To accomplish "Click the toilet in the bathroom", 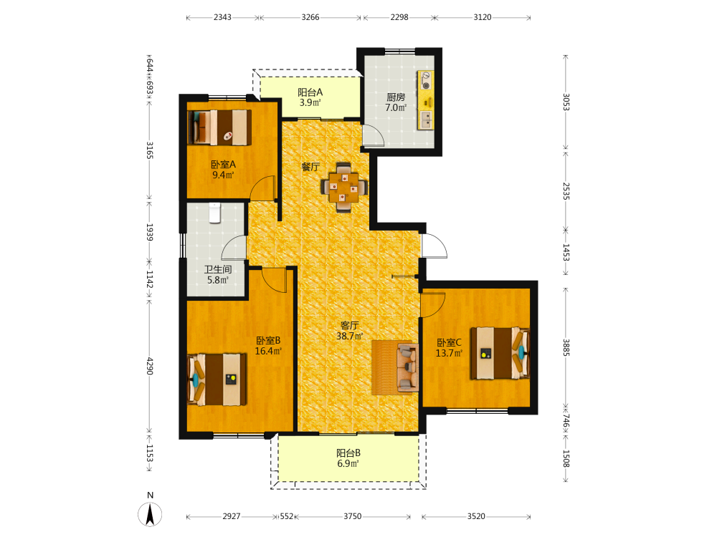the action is tap(215, 213).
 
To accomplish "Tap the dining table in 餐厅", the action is tap(344, 187).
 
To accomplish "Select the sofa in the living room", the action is tap(407, 367).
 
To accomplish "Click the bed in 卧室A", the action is tap(220, 127).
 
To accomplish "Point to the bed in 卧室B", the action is tap(217, 379).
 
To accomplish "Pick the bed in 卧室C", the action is tap(500, 353).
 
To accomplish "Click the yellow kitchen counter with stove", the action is tap(426, 100).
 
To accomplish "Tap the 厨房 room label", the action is tap(396, 97).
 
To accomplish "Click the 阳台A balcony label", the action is tap(310, 92).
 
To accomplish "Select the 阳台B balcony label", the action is tap(348, 453).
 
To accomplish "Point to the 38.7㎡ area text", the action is tap(350, 336).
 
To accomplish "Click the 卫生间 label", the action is tap(218, 269).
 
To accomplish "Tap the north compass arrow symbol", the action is tap(150, 513).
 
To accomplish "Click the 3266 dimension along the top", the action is tap(310, 17).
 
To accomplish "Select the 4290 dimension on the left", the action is tap(150, 366).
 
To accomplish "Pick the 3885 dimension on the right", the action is tap(566, 347).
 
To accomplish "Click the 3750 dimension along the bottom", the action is tap(353, 516).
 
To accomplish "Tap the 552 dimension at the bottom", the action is tap(287, 516).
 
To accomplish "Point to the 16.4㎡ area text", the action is tap(268, 351).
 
